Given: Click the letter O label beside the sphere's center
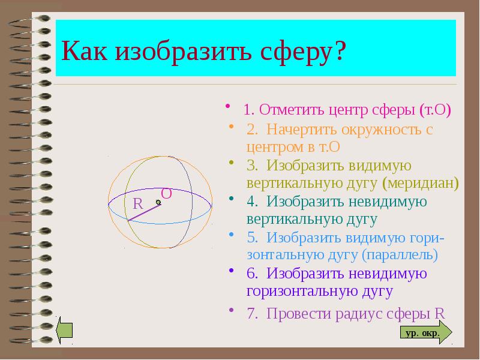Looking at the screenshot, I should point(167,193).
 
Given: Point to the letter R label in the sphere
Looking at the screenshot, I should point(137,204).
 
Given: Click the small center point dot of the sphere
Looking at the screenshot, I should point(158,202).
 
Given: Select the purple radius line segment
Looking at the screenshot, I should point(144,212).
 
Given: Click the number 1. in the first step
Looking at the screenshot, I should point(250,110).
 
